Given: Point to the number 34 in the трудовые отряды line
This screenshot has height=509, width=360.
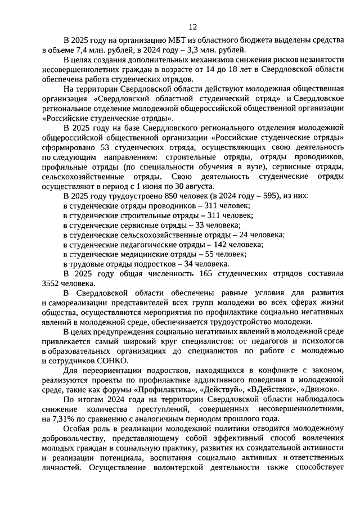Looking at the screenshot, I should (x=191, y=264).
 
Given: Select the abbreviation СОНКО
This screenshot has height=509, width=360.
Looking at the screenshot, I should (x=112, y=361).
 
